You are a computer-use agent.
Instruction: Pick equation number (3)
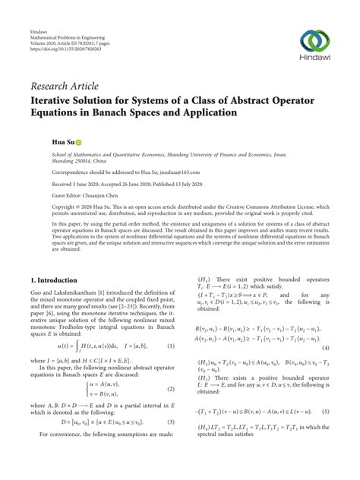tap(171, 444)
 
